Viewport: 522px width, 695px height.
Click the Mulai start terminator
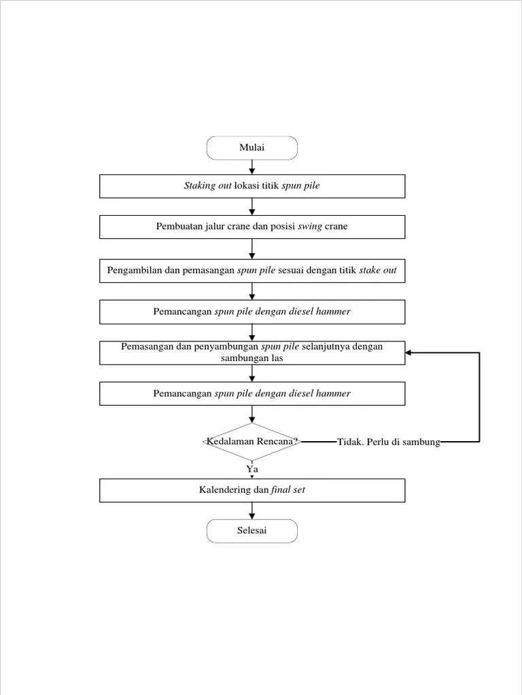click(252, 148)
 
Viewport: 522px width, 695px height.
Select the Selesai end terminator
click(252, 531)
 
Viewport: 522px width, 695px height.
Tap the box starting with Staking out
click(252, 186)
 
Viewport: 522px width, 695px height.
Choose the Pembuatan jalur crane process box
click(252, 227)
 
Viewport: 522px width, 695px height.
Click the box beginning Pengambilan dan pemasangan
click(252, 271)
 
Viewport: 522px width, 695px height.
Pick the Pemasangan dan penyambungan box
click(252, 352)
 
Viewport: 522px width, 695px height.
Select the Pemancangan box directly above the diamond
click(252, 394)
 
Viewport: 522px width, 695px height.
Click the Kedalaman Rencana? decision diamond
click(252, 442)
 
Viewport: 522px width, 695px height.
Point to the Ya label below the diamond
click(252, 468)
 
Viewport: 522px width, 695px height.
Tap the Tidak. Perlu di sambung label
click(389, 443)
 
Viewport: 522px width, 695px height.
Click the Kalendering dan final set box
click(252, 490)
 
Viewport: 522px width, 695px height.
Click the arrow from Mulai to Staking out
click(252, 167)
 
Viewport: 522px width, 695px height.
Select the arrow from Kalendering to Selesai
click(252, 511)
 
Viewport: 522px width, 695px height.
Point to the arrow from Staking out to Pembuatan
click(252, 206)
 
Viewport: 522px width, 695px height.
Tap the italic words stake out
click(378, 271)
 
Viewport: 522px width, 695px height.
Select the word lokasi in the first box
click(247, 186)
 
